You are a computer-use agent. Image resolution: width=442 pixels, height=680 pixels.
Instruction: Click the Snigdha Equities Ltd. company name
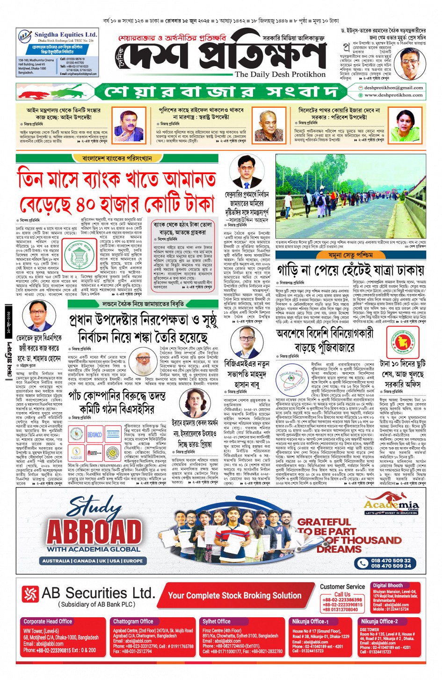pos(65,35)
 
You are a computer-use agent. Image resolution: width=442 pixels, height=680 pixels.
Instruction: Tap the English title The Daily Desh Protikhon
pos(280,74)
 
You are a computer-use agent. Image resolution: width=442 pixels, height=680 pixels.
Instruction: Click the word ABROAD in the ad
pos(94,532)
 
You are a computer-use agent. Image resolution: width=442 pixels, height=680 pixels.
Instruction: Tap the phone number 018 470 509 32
pos(391,560)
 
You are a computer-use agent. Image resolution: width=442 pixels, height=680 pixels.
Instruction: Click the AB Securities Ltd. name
pos(98,593)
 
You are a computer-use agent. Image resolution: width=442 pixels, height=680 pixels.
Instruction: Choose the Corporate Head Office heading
pos(48,621)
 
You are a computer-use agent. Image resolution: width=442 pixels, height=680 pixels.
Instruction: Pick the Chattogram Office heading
pos(133,621)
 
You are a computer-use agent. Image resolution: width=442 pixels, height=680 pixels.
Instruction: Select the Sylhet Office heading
pos(217,621)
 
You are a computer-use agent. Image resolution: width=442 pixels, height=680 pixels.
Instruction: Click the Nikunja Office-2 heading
pos(379,621)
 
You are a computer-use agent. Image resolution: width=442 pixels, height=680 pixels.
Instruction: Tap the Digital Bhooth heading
pos(388,585)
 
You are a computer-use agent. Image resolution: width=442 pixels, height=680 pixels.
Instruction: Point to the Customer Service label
pos(342,586)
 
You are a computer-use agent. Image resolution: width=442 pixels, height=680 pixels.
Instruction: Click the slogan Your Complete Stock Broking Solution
pos(234,595)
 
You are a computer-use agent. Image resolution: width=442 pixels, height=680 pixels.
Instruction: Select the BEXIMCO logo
pos(94,435)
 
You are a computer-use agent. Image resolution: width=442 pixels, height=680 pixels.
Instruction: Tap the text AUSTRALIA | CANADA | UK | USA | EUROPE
pos(93,561)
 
